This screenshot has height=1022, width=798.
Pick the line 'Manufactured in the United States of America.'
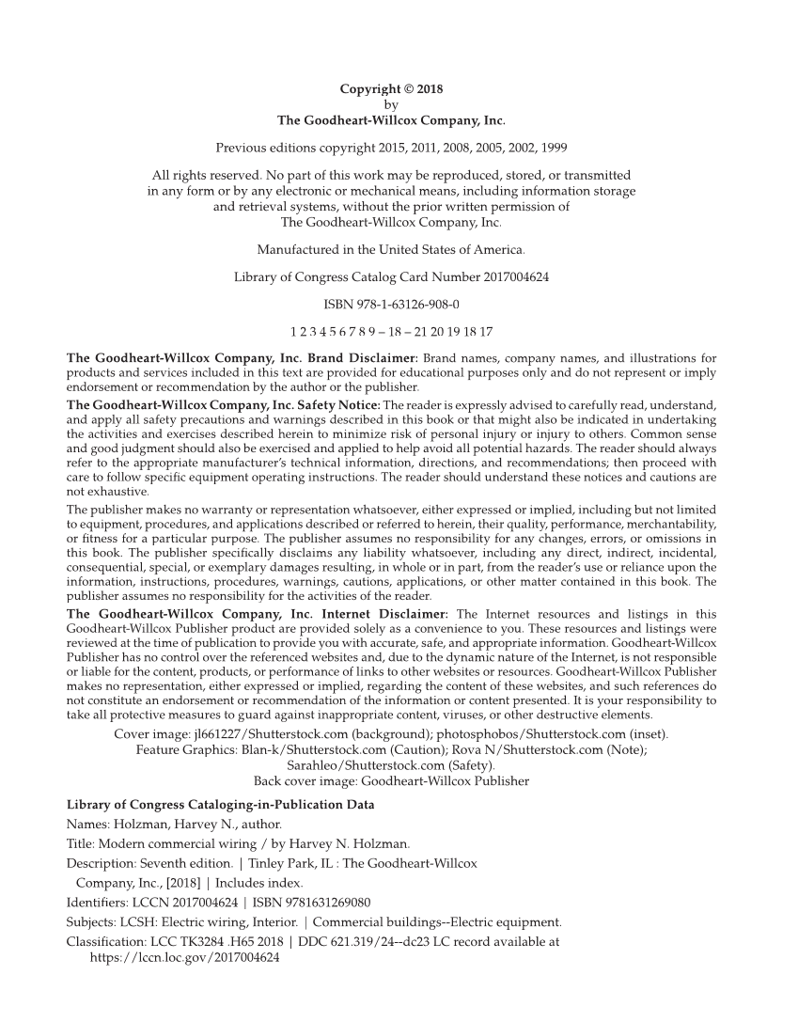[391, 251]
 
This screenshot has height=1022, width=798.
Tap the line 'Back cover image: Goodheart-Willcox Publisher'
[391, 780]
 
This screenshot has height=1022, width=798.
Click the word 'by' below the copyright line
[391, 105]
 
